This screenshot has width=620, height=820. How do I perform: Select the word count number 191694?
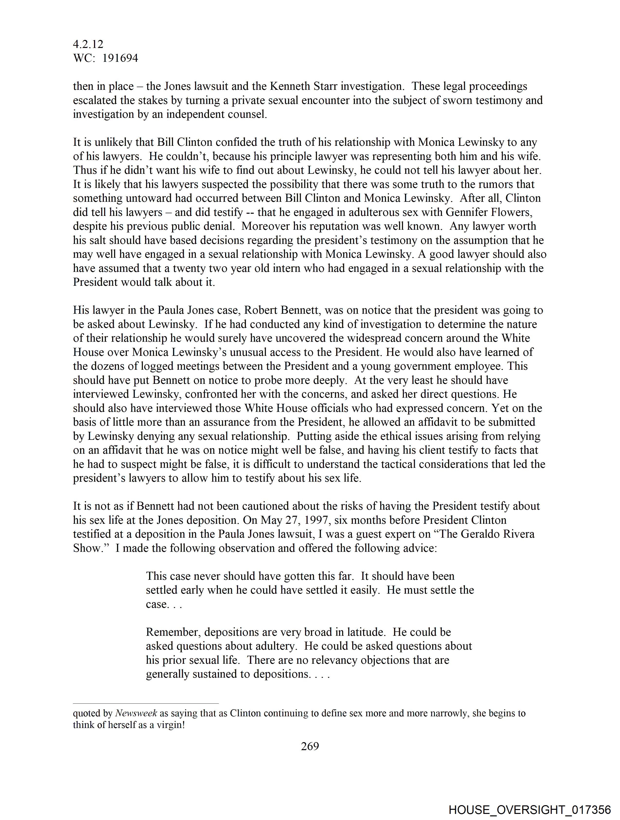[120, 58]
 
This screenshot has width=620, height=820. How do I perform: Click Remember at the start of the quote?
[173, 632]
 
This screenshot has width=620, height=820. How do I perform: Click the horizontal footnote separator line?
[146, 703]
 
